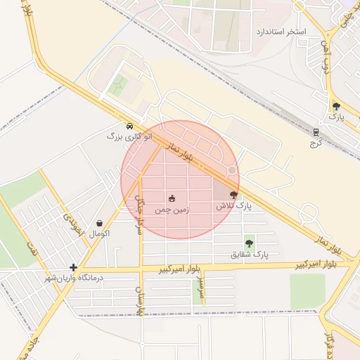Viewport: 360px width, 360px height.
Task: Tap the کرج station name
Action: tap(314, 143)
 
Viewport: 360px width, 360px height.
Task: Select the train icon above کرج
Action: tap(316, 131)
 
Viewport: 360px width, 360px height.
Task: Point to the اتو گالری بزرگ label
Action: tap(129, 136)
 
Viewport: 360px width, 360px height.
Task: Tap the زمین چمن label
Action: tap(173, 210)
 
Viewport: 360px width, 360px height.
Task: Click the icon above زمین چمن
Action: tap(172, 198)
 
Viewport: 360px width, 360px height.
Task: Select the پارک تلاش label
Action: tap(233, 205)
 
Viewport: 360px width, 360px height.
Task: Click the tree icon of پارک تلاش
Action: tap(233, 195)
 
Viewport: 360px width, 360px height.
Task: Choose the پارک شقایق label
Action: tap(250, 254)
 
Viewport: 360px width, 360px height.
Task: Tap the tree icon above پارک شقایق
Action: tap(250, 243)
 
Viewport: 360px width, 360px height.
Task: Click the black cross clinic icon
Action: tap(73, 266)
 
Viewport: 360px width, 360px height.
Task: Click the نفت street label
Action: tap(31, 247)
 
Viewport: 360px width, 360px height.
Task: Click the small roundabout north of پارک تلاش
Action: tap(231, 169)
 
